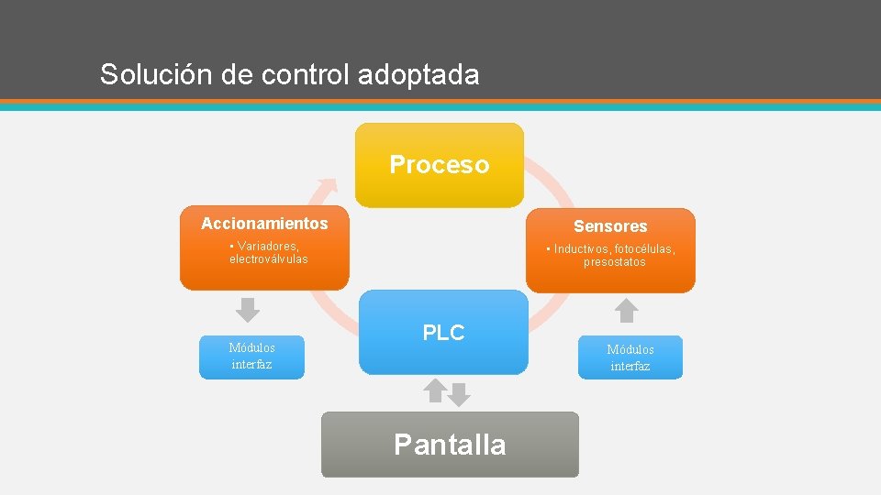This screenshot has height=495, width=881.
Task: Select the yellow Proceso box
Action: [440, 165]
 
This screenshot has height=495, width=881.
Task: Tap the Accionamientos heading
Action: [264, 224]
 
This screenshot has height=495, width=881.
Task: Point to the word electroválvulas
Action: [269, 259]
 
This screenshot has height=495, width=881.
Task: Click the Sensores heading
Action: [610, 226]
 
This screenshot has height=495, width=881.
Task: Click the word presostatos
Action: [615, 262]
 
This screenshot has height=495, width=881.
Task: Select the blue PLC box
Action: [443, 333]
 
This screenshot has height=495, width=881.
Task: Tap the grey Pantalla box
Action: [450, 445]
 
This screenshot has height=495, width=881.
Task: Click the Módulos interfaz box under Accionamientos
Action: [251, 357]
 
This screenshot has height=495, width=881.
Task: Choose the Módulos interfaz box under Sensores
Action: [630, 357]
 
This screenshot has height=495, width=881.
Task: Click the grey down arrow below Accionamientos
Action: [248, 310]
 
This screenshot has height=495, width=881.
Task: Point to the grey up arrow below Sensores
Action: [626, 310]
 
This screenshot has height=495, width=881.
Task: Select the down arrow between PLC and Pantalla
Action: [459, 395]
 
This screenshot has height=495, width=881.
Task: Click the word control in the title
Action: [303, 74]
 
